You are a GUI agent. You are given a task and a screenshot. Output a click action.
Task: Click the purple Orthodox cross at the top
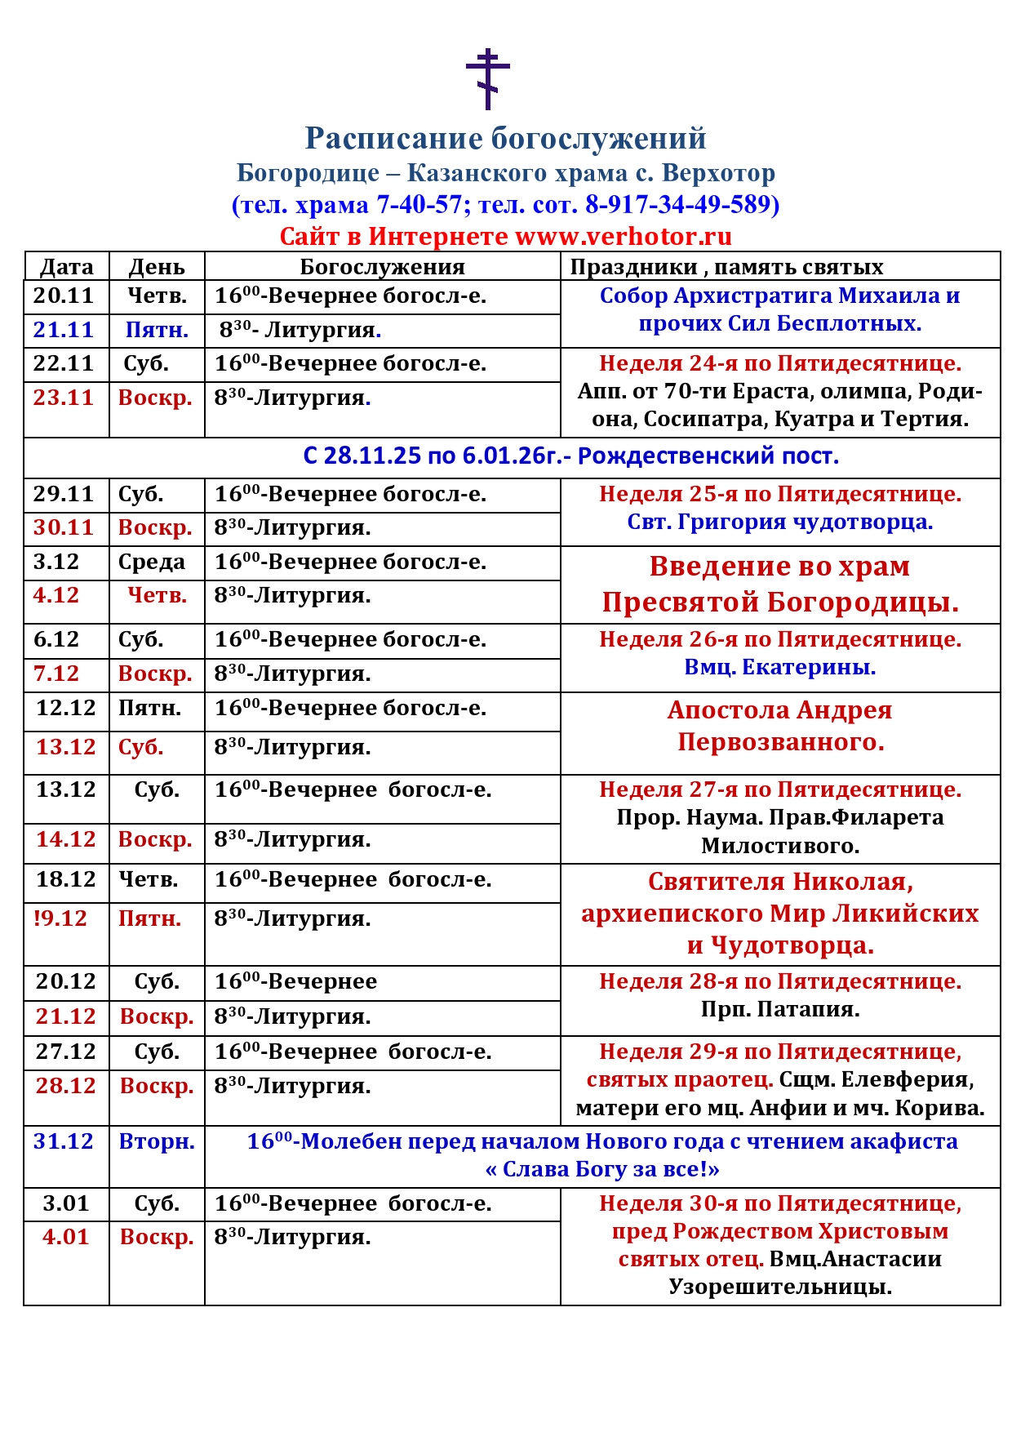click(x=487, y=78)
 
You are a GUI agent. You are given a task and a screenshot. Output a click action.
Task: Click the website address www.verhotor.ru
click(x=624, y=237)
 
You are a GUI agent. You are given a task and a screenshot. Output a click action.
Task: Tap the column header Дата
click(x=67, y=267)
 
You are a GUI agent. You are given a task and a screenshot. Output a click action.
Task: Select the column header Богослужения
click(x=382, y=267)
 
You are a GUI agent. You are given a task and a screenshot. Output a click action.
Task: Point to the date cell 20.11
click(x=64, y=296)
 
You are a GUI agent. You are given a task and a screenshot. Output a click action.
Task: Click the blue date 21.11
click(x=64, y=330)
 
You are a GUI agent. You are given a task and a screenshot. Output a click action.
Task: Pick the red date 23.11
click(x=64, y=398)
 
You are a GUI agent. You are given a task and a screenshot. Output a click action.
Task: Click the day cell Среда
click(x=152, y=562)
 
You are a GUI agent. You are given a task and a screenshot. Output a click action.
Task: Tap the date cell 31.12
click(x=64, y=1141)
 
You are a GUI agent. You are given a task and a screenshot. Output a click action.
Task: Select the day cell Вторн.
click(x=157, y=1141)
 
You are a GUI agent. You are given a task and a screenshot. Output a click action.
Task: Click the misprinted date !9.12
click(x=60, y=918)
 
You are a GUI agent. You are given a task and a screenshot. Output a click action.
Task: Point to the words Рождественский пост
click(x=708, y=456)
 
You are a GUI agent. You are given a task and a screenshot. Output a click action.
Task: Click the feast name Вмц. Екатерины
click(x=779, y=667)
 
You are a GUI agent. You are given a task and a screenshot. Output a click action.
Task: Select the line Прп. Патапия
click(x=779, y=1010)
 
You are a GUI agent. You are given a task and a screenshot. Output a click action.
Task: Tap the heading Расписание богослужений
click(x=505, y=139)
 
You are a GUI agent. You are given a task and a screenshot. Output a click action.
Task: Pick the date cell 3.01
click(x=65, y=1203)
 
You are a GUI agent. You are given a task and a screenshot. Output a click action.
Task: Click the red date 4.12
click(x=56, y=595)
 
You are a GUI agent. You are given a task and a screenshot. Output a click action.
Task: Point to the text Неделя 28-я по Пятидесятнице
click(x=779, y=981)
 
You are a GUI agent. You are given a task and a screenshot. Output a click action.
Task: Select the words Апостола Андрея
click(x=779, y=710)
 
